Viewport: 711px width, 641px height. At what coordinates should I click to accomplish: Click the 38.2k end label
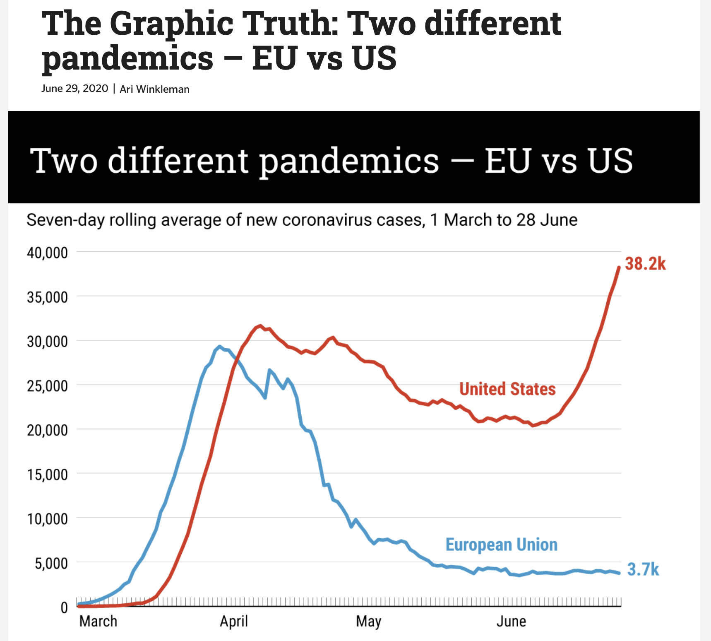point(645,264)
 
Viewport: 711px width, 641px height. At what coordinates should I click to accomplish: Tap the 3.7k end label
point(643,569)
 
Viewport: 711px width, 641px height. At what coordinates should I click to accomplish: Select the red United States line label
point(507,389)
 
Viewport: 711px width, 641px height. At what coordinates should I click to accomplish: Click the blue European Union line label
point(501,545)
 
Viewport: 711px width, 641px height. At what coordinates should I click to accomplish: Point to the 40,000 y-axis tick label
point(47,253)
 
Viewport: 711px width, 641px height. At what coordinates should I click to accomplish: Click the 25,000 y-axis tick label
point(47,386)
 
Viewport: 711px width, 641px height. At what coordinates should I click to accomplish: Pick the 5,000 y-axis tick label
point(51,563)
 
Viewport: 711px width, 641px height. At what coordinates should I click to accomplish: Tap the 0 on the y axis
point(64,607)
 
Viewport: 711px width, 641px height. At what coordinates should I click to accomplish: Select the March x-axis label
point(98,621)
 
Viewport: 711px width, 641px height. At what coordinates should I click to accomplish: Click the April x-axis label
point(234,621)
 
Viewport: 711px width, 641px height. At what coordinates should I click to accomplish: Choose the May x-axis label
point(368,622)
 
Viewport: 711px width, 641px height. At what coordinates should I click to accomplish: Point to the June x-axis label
point(511,621)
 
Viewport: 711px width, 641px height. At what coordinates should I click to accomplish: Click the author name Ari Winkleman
point(154,89)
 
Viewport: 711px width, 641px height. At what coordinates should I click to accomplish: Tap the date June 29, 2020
point(74,89)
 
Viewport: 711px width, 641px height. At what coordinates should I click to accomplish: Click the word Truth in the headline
point(290,24)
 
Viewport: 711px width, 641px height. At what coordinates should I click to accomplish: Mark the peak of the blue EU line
point(219,346)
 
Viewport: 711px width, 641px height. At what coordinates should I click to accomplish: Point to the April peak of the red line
point(260,325)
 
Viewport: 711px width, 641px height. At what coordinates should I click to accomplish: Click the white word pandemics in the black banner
point(349,161)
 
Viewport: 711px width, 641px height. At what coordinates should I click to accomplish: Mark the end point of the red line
point(619,267)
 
